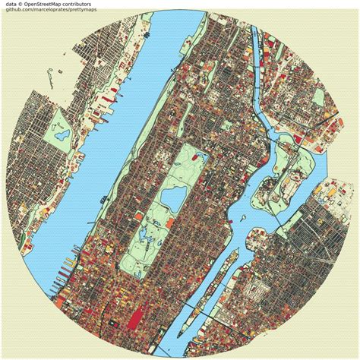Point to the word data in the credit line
pos(9,5)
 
